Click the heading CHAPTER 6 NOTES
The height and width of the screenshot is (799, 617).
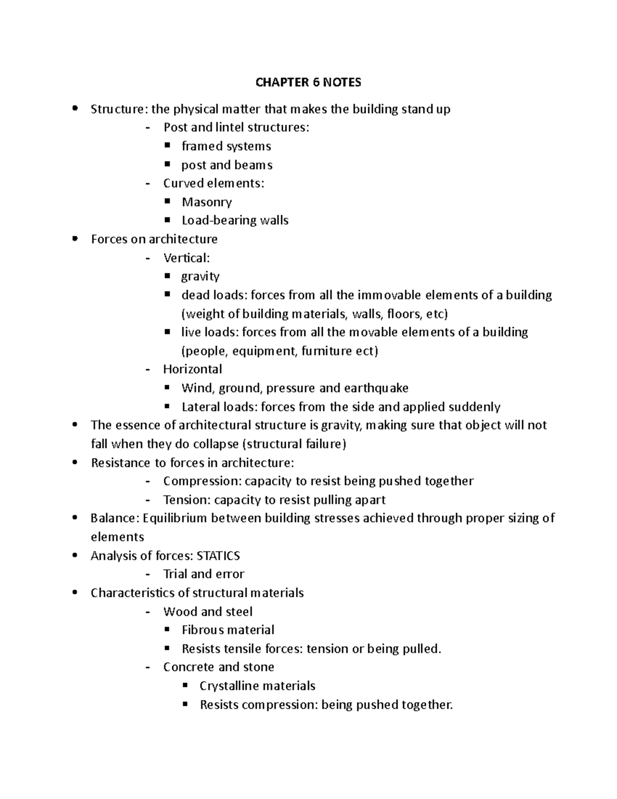point(308,82)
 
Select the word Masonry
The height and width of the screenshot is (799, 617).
point(207,202)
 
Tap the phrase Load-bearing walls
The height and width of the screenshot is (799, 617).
point(234,220)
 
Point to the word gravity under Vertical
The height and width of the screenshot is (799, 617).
point(200,277)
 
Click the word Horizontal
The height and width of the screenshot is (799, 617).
point(192,369)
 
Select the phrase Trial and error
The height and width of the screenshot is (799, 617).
point(204,574)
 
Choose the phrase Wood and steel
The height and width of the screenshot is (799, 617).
point(208,612)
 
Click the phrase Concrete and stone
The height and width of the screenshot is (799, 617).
point(219,667)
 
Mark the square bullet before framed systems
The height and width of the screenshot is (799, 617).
point(167,146)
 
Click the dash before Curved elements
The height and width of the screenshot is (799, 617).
point(148,184)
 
